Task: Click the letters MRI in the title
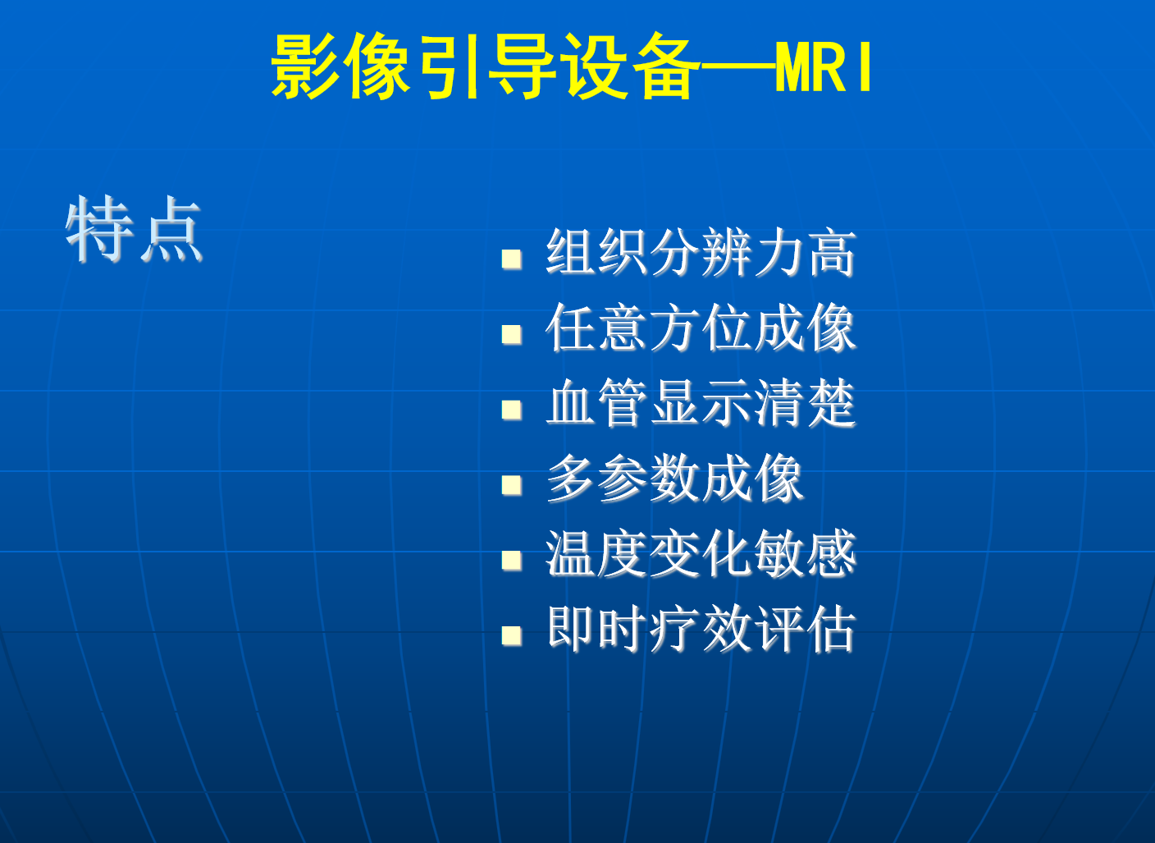tap(824, 66)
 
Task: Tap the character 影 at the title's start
tap(305, 66)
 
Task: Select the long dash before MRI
tap(737, 66)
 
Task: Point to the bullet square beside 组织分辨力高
tap(512, 259)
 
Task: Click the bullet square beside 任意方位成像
tap(512, 334)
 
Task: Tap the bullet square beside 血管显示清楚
tap(512, 410)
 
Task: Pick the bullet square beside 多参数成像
tap(512, 485)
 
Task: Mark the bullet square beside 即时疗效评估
tap(512, 635)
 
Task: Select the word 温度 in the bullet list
tap(596, 552)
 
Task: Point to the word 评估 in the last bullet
tap(806, 629)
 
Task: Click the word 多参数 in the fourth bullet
tap(623, 478)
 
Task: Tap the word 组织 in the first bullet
tap(596, 252)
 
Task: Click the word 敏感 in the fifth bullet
tap(806, 552)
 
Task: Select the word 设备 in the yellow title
tap(630, 66)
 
